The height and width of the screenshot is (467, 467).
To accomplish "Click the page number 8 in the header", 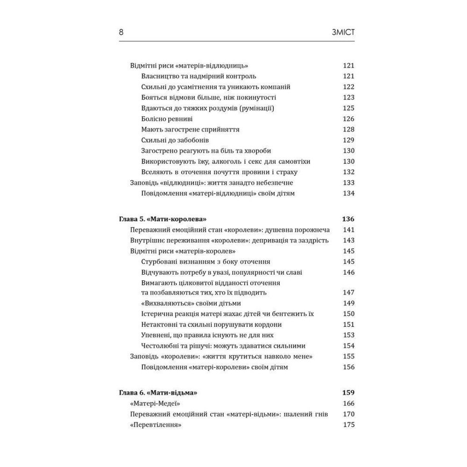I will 121,32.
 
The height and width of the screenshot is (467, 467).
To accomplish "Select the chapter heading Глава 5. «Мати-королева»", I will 163,219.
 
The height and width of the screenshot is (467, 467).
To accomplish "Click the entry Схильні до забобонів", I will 175,140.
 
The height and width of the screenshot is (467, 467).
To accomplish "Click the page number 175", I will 348,425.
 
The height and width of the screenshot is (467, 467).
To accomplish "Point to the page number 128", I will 348,129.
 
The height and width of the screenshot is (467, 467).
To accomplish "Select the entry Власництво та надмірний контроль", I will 198,76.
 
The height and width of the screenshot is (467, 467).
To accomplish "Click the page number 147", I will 348,292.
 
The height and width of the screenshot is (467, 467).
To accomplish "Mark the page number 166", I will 348,403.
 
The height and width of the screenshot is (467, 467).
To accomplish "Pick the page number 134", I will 348,193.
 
